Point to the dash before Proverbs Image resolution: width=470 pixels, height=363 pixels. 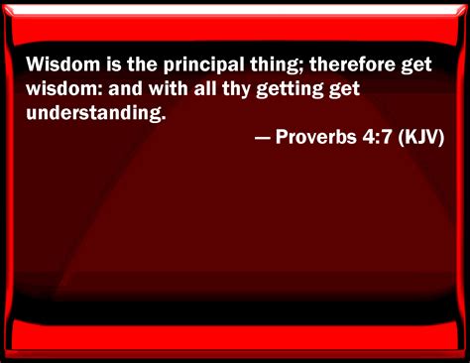[263, 137]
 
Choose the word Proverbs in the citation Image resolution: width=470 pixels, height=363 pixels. [317, 137]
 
